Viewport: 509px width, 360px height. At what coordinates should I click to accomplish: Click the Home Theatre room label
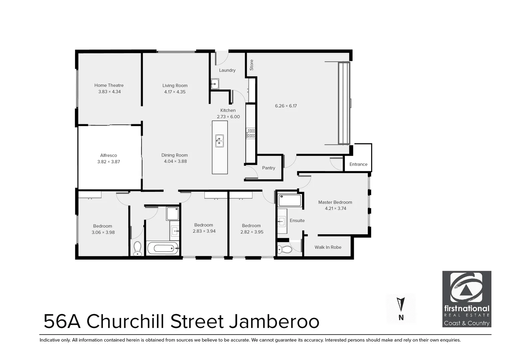[x=109, y=85]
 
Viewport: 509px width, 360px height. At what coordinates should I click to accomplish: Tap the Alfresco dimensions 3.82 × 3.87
[x=109, y=162]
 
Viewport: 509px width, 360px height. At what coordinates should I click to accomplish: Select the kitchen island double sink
[x=219, y=141]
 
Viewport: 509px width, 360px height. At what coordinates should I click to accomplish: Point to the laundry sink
[x=215, y=84]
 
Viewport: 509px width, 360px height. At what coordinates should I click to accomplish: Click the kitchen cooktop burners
[x=251, y=133]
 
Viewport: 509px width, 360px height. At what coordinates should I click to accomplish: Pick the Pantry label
[x=268, y=168]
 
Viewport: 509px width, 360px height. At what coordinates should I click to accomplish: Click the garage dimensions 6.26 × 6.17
[x=286, y=106]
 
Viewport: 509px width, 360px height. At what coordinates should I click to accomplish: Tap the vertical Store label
[x=252, y=65]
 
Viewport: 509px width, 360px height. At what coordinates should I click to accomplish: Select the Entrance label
[x=358, y=164]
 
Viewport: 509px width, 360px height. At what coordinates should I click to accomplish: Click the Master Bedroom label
[x=335, y=202]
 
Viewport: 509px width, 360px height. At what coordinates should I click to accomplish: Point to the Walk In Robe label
[x=328, y=247]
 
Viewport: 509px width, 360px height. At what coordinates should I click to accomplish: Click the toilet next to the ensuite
[x=281, y=249]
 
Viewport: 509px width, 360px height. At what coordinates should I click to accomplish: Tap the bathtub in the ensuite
[x=290, y=200]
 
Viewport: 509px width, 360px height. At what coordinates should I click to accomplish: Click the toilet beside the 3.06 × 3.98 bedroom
[x=137, y=249]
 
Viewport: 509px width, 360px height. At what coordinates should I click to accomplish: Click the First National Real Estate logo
[x=467, y=299]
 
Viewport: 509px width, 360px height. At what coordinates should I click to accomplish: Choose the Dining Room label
[x=175, y=155]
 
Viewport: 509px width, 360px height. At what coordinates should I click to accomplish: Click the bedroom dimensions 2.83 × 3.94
[x=204, y=231]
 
